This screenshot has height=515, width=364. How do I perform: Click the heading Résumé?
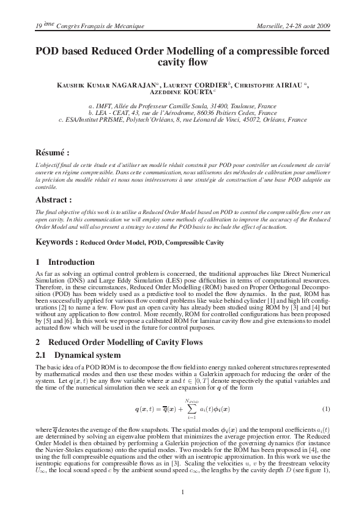pos(51,151)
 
